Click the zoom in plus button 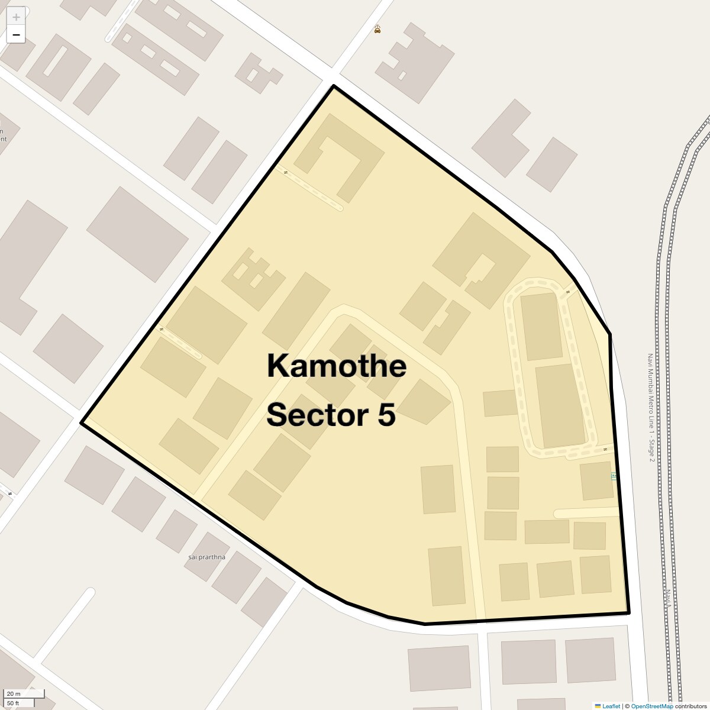click(16, 17)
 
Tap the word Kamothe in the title click(336, 366)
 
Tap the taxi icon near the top click(377, 29)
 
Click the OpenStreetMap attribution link click(651, 706)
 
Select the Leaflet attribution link click(611, 706)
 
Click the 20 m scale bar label click(14, 693)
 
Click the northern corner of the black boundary click(334, 86)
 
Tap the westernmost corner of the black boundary click(82, 422)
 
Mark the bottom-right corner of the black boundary click(628, 612)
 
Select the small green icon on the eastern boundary click(614, 476)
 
